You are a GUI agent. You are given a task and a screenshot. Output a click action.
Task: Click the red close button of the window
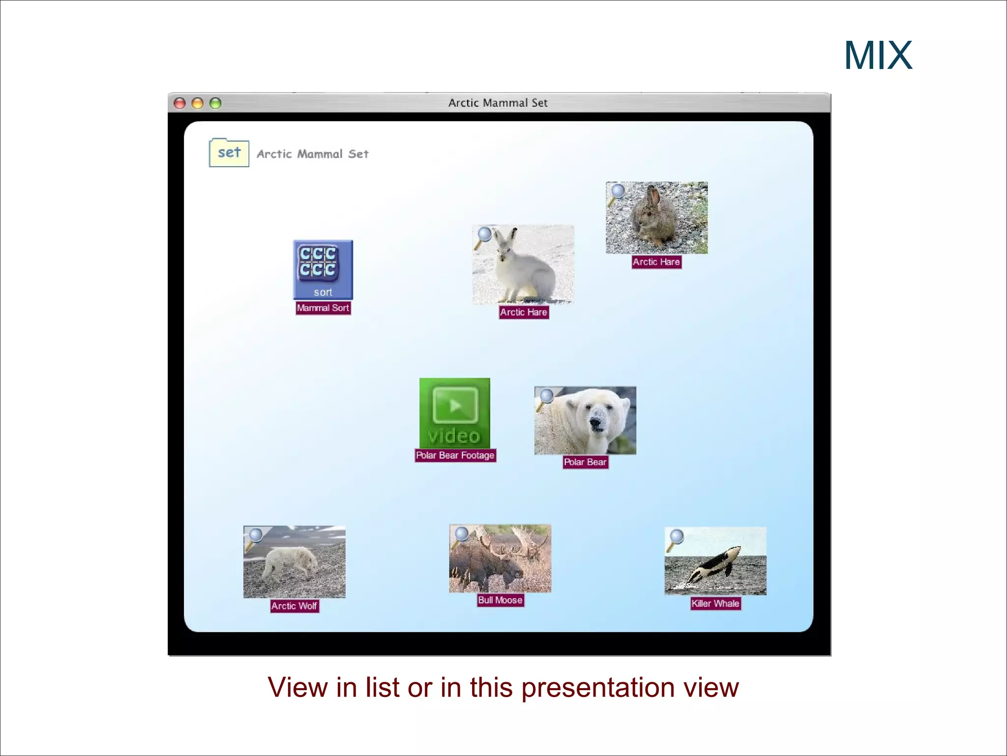tap(180, 103)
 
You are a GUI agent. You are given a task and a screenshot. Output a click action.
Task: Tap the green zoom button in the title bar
tap(215, 103)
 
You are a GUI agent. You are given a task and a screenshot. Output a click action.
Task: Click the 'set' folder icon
tap(229, 153)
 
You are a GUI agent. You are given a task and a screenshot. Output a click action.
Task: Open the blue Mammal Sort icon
tap(323, 269)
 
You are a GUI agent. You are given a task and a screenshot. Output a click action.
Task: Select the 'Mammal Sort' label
tap(323, 308)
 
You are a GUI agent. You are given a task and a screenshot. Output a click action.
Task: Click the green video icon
tap(455, 412)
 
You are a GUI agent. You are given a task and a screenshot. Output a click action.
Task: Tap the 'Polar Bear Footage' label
tap(455, 455)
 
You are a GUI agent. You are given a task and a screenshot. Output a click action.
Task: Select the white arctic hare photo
tap(523, 265)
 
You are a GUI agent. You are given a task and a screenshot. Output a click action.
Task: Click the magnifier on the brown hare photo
tap(617, 192)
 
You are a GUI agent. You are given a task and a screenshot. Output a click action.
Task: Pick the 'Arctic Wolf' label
tap(294, 606)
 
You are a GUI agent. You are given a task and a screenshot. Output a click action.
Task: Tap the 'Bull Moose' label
tap(500, 600)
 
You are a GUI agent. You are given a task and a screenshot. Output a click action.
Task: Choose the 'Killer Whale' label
tap(715, 603)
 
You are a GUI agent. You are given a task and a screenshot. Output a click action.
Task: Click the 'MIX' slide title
tap(878, 56)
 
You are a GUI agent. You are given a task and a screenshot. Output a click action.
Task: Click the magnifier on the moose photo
tap(460, 535)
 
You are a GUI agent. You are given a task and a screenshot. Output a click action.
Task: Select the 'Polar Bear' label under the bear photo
tap(585, 462)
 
